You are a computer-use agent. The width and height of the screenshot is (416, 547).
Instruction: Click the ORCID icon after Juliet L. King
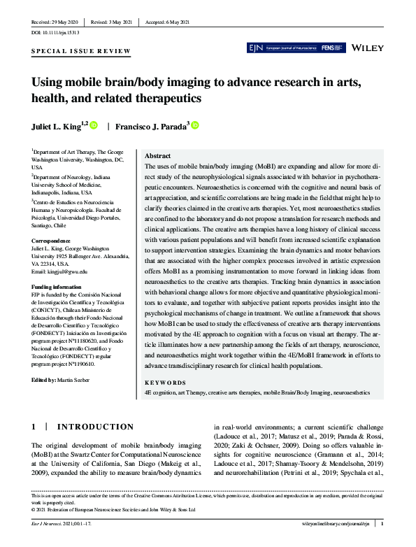pos(94,126)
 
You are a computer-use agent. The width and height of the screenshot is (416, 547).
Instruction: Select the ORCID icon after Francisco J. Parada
pos(195,126)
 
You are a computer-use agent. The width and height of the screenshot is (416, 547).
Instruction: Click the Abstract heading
pos(157,156)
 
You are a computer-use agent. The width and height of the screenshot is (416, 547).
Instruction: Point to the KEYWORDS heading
pos(165,383)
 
